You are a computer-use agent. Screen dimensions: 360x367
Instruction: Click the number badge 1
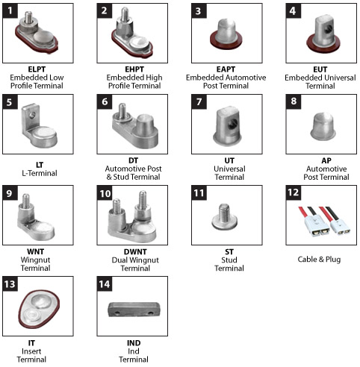tap(10, 10)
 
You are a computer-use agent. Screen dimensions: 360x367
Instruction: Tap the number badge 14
tap(105, 284)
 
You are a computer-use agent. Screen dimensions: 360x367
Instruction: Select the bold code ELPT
tap(37, 69)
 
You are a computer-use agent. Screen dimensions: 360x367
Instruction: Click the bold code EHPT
tap(134, 69)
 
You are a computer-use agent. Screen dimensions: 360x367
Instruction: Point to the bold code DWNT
tap(135, 251)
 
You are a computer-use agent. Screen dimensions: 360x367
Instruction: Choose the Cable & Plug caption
tap(319, 260)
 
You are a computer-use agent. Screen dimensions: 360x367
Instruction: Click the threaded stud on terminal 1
tap(28, 17)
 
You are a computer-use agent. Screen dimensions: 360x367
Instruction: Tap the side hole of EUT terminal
tap(329, 28)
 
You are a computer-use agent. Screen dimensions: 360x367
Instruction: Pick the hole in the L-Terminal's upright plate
tap(32, 115)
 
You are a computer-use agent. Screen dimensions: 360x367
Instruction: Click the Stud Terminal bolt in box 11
tap(225, 216)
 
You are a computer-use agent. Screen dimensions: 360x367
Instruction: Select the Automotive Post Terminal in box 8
tap(323, 126)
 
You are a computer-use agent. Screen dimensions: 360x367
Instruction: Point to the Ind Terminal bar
tap(134, 310)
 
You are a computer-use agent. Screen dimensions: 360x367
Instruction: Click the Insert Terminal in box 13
tap(39, 310)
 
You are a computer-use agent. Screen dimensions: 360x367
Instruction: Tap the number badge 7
tap(199, 101)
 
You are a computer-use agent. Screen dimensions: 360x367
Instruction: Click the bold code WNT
tap(36, 251)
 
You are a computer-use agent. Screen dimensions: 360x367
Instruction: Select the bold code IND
tap(134, 343)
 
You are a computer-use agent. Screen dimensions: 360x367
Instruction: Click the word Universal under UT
tap(229, 169)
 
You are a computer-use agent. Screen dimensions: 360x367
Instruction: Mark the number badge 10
tap(105, 193)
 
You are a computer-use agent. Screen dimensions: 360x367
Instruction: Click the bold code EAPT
tap(226, 69)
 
